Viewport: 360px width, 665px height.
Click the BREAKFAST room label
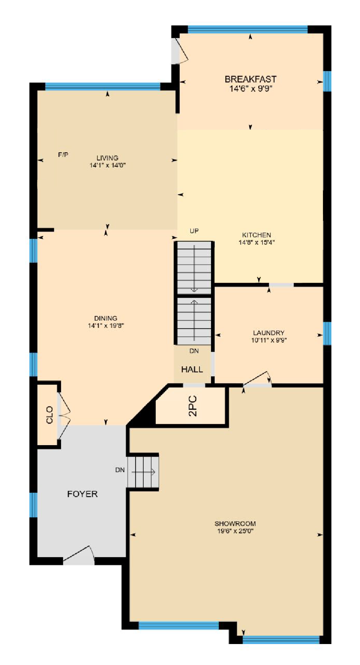point(250,79)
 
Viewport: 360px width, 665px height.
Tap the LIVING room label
point(107,158)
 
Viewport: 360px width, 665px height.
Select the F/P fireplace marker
point(63,155)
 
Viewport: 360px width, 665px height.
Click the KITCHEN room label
point(256,235)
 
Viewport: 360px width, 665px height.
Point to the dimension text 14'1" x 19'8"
point(106,325)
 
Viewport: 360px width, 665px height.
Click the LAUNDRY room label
point(269,333)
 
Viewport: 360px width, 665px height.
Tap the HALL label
point(192,369)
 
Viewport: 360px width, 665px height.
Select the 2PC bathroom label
point(193,406)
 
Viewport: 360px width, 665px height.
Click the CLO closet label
point(50,415)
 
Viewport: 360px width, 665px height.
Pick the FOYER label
point(82,494)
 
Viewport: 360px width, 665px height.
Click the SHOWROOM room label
point(235,523)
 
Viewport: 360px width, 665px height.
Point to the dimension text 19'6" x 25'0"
point(235,531)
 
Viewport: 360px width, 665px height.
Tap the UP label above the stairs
point(194,231)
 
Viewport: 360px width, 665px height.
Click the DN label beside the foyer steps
point(120,470)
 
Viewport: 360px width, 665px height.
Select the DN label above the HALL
point(194,351)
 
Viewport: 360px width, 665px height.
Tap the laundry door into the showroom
point(257,379)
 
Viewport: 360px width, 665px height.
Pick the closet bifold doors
point(64,415)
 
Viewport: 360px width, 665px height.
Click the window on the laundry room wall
point(327,333)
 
